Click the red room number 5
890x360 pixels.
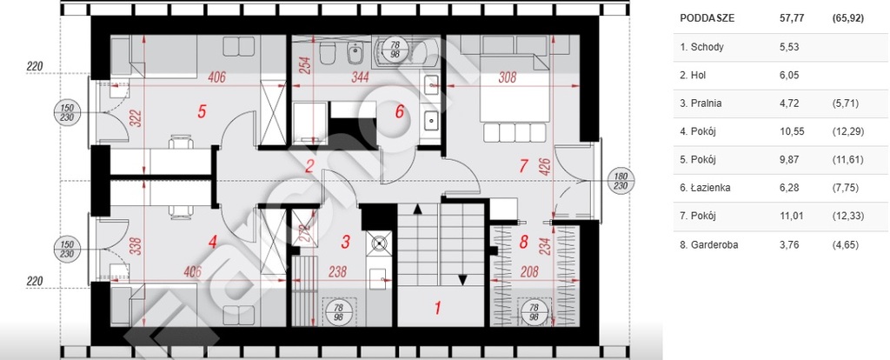point(202,111)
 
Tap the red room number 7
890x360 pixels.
point(523,164)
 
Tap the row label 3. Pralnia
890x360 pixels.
point(701,103)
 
